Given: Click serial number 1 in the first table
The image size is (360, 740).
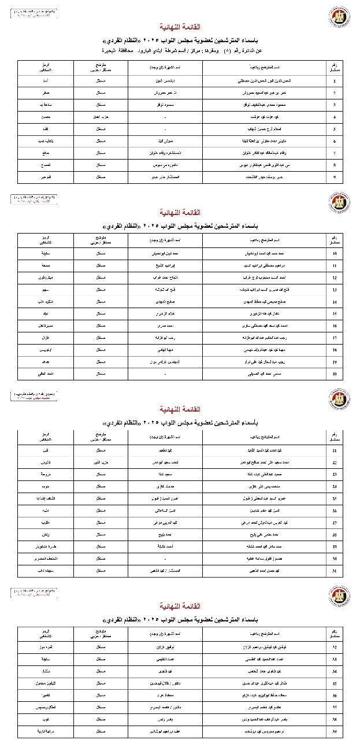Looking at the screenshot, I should click(x=335, y=81).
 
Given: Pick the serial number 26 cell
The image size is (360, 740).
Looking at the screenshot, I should click(x=335, y=510).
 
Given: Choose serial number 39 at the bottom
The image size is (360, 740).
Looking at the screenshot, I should click(x=335, y=731).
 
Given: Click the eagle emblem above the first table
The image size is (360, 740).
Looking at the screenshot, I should click(x=339, y=16).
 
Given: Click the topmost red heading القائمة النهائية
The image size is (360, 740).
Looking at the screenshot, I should click(x=180, y=27).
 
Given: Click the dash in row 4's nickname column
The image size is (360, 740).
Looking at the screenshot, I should click(x=166, y=117).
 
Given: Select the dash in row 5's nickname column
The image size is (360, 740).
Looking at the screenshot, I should click(x=166, y=129).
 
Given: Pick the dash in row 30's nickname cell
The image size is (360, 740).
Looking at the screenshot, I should click(x=166, y=558).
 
